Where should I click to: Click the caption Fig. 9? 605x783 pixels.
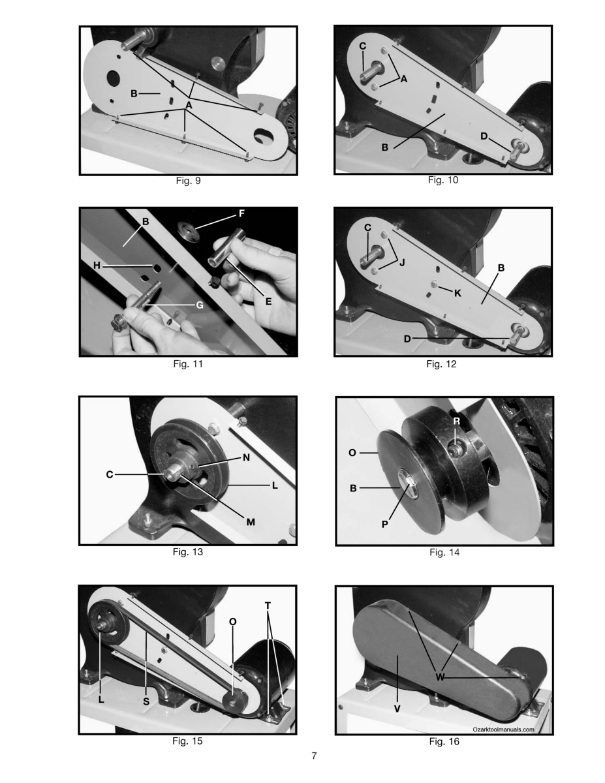coord(188,181)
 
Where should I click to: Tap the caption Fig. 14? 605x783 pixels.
coord(444,552)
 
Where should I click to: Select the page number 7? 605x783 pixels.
coord(314,756)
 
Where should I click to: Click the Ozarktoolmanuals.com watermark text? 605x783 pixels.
coord(503,729)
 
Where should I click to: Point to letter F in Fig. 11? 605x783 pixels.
coord(241,213)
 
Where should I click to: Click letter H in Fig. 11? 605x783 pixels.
coord(97,266)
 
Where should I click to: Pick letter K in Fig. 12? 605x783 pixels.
coord(458,294)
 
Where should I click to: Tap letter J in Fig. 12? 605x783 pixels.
coord(402,262)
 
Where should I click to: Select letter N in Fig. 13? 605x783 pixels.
coord(247,457)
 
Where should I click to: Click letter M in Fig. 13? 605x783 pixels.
coord(251,522)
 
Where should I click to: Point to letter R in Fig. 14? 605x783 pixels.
coord(457,422)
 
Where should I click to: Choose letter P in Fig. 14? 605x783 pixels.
coord(385,524)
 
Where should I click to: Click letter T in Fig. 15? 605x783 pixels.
coord(268,606)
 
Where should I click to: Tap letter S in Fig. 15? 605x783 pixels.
coord(146,701)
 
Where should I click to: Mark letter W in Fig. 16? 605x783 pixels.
coord(440,677)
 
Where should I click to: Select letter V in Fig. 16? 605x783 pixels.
coord(397,709)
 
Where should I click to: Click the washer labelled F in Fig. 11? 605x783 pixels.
coord(189,232)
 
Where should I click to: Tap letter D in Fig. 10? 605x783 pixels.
coord(484,136)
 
